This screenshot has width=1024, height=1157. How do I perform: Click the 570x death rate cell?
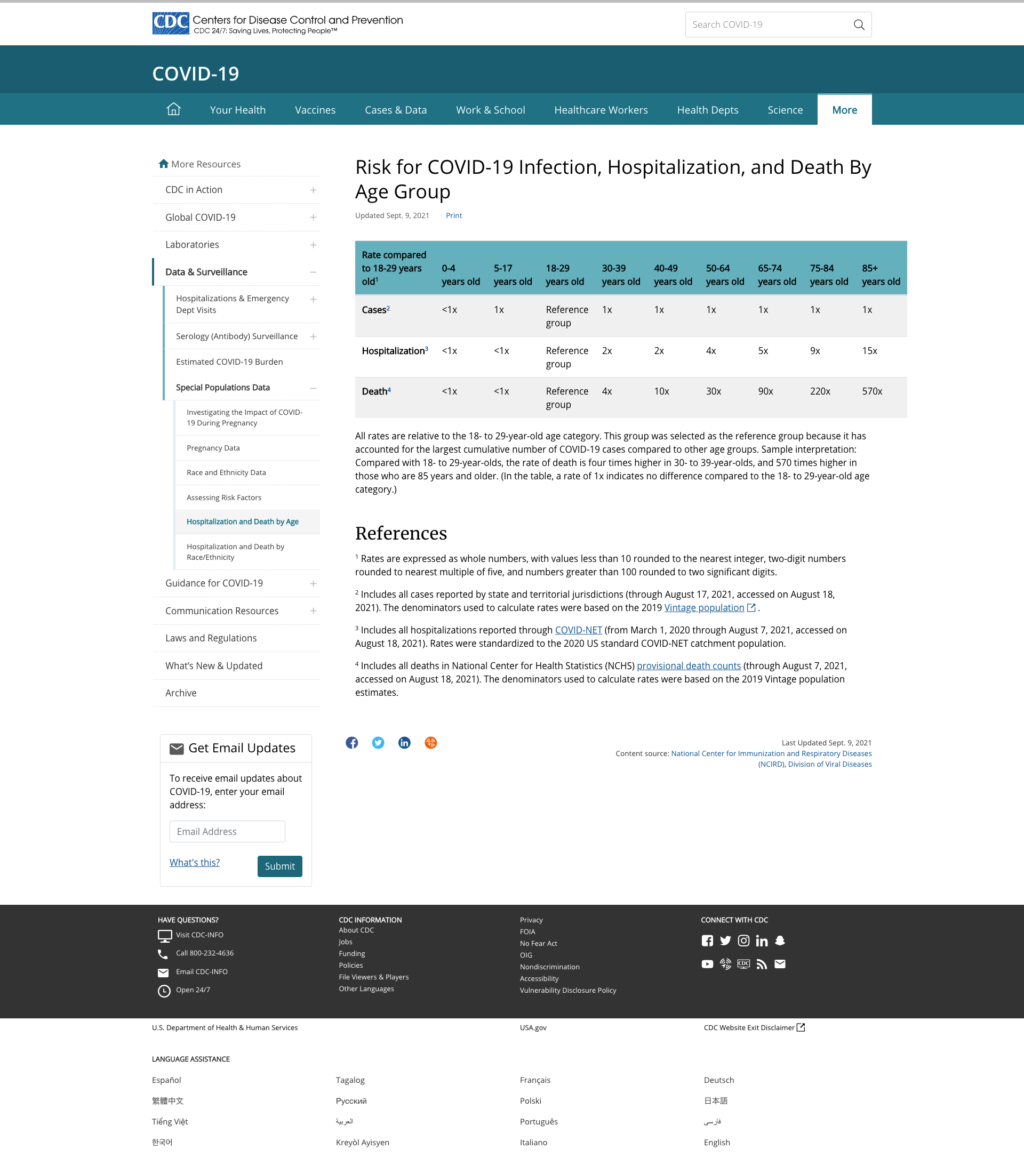pos(871,391)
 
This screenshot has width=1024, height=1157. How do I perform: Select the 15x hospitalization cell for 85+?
pos(869,350)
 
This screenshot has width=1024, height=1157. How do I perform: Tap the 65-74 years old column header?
pos(777,275)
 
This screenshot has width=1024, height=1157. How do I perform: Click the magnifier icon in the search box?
pos(859,25)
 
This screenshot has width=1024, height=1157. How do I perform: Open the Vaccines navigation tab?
pos(315,110)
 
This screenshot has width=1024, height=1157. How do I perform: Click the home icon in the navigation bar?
pos(174,109)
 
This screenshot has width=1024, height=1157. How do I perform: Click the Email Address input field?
pos(227,831)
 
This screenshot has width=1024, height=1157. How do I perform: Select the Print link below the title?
pos(453,215)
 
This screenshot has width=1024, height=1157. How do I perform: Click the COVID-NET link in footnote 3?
pos(578,630)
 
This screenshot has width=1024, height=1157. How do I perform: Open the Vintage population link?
pos(703,607)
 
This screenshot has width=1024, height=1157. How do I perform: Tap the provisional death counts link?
pos(689,665)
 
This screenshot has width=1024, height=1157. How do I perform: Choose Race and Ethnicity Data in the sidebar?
pos(226,472)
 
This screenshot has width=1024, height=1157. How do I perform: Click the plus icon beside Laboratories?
pos(313,245)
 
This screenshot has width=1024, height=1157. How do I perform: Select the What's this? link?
pos(194,862)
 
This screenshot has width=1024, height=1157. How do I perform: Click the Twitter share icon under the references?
pos(378,743)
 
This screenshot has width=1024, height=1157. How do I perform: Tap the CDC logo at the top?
pos(170,24)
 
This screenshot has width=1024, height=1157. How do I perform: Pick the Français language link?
pos(535,1080)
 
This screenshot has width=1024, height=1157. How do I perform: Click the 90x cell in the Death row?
pos(765,391)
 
